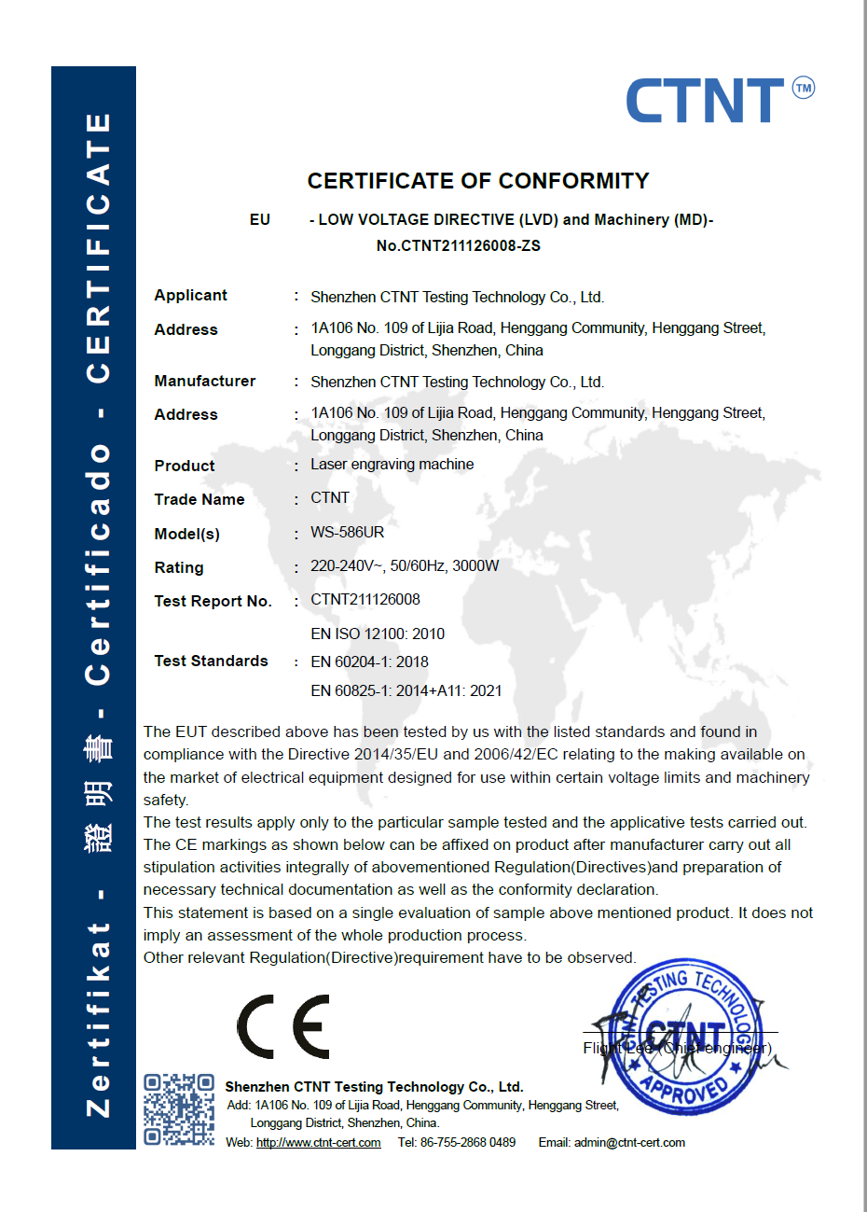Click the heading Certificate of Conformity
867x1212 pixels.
coord(478,181)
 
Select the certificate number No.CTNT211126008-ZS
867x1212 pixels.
coord(458,246)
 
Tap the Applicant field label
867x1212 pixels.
coord(190,295)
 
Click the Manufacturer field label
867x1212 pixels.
coord(204,381)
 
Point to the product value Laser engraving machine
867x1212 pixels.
coord(392,465)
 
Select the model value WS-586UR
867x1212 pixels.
coord(347,533)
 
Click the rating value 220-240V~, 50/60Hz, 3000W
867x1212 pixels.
coord(405,566)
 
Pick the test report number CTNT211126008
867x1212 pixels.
coord(365,600)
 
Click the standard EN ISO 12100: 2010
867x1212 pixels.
coord(377,634)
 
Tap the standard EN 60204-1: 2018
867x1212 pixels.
coord(369,662)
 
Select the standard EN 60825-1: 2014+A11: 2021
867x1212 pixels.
coord(406,691)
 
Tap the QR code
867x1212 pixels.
coord(179,1109)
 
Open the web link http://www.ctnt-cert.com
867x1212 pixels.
coord(318,1143)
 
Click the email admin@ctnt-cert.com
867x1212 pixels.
coord(629,1143)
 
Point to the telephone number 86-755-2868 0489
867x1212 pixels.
coord(467,1143)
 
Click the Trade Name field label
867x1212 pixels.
coord(199,500)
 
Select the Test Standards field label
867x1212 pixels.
coord(211,662)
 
